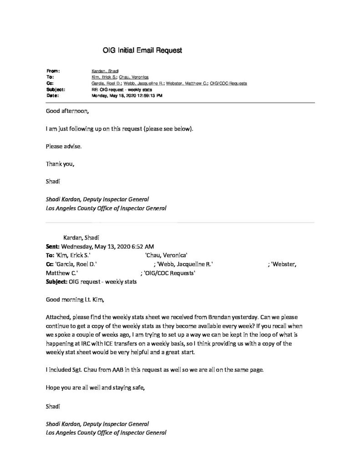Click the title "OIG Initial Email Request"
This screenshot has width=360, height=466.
(x=142, y=51)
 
